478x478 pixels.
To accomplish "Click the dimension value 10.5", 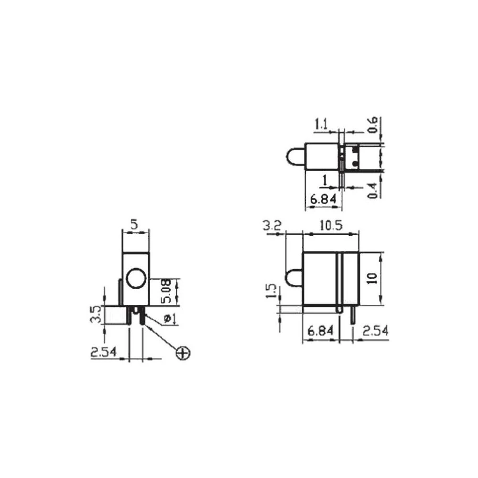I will coord(331,226).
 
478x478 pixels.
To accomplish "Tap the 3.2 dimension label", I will coord(273,226).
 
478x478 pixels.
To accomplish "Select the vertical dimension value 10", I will coord(373,278).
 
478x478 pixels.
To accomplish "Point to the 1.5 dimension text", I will coord(271,291).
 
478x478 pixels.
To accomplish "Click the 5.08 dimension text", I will coord(166,292).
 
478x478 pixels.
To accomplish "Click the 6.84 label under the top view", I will coord(323,199).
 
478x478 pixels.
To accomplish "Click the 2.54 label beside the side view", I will coord(375,331).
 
